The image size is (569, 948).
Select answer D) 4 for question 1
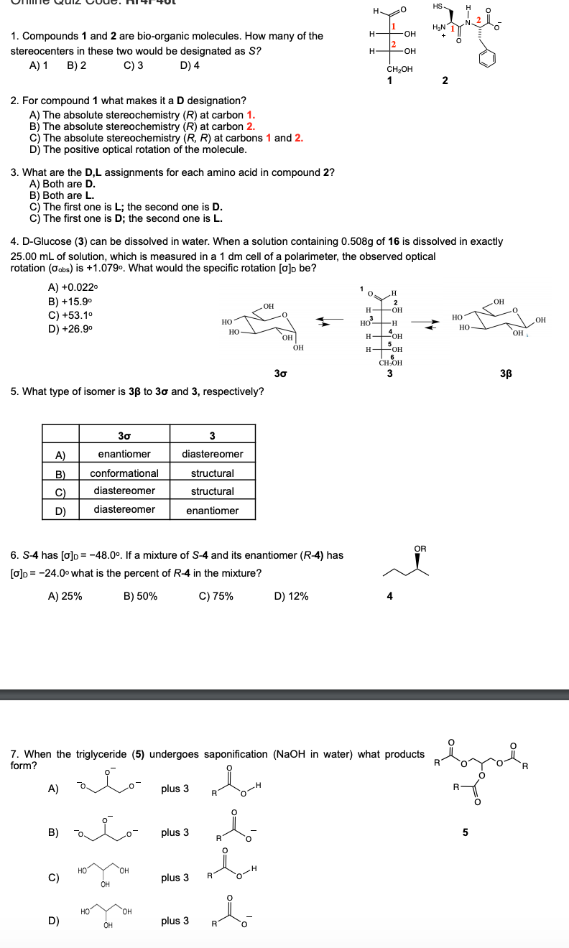pos(190,65)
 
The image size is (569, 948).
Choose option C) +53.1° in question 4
pos(64,315)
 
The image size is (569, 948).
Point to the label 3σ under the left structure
pos(282,373)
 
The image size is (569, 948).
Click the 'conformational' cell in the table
pos(124,473)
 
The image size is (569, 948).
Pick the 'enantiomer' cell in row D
pos(212,510)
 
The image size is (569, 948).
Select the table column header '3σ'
pos(124,435)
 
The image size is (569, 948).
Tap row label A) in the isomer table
pos(61,455)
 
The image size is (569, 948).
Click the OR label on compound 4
pos(420,549)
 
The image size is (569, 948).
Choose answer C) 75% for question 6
pos(216,596)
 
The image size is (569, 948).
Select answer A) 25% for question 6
pos(65,596)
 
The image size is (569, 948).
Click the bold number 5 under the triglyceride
pos(465,833)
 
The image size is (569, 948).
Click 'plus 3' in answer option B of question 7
pos(175,832)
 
